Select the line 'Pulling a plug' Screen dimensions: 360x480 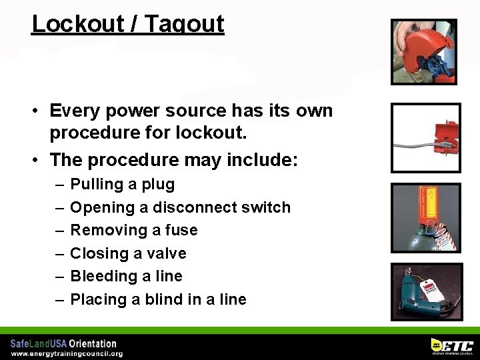pyautogui.click(x=122, y=185)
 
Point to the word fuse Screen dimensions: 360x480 pyautogui.click(x=181, y=230)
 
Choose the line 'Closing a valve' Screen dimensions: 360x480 pyautogui.click(x=128, y=253)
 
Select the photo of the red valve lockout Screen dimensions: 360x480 pyautogui.click(x=424, y=51)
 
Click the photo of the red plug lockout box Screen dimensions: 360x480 pyautogui.click(x=425, y=137)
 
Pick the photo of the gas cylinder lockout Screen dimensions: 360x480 pyautogui.click(x=425, y=217)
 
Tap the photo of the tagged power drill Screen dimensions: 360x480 pyautogui.click(x=425, y=292)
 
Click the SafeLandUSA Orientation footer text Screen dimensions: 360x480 pyautogui.click(x=63, y=344)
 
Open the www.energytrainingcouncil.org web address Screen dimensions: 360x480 pyautogui.click(x=67, y=354)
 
